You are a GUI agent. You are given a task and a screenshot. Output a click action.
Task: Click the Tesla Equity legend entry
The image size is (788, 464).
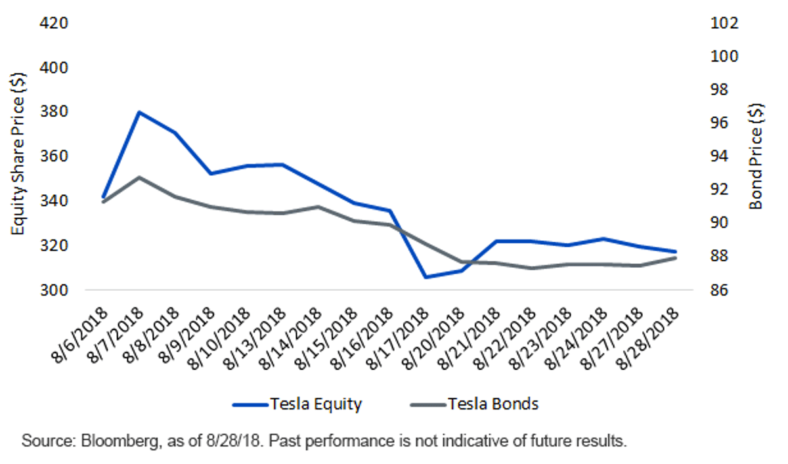tap(297, 404)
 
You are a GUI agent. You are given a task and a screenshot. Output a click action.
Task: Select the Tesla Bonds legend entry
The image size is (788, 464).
tap(474, 404)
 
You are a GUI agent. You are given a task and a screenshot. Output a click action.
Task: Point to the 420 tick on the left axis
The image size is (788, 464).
tap(54, 24)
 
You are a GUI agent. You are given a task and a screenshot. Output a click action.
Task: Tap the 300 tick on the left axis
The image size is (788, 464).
tap(54, 290)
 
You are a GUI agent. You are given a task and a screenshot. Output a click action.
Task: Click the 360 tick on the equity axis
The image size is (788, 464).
tap(54, 157)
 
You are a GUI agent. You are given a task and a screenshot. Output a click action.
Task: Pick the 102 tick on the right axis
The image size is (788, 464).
tap(724, 24)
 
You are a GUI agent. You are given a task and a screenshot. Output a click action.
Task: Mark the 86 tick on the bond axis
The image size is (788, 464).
tap(719, 290)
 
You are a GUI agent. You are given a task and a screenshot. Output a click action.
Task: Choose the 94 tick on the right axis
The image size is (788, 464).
tap(719, 156)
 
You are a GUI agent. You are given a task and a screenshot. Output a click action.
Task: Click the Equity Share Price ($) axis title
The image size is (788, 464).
tap(18, 154)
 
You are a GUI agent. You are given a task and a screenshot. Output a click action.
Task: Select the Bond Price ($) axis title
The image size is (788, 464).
tap(756, 156)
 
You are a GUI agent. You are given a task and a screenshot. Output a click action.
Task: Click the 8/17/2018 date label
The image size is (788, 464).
tap(397, 339)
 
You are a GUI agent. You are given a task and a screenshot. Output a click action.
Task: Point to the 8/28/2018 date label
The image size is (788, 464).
tap(647, 339)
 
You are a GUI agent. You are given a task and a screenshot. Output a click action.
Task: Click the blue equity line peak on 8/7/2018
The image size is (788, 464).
tap(139, 112)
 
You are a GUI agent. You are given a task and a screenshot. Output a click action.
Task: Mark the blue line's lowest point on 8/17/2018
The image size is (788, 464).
tap(426, 277)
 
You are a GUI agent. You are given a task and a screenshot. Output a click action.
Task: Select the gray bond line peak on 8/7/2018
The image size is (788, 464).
tap(139, 177)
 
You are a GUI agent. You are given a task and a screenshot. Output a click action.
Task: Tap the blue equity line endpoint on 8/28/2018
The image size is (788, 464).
tap(675, 251)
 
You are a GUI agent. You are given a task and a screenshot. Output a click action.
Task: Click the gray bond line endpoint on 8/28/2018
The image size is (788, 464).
tap(675, 259)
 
